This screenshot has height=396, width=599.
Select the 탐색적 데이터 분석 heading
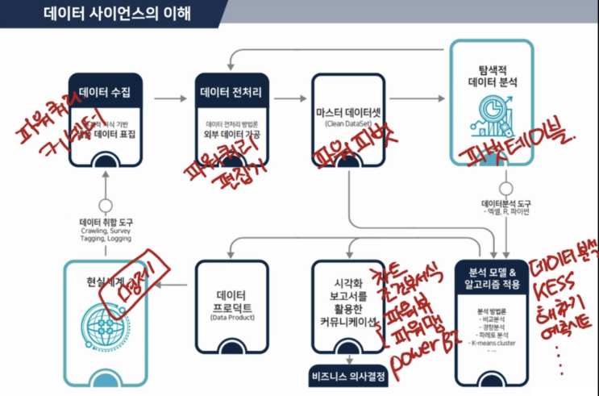pyautogui.click(x=491, y=75)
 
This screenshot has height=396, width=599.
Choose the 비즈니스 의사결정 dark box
pyautogui.click(x=349, y=376)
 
